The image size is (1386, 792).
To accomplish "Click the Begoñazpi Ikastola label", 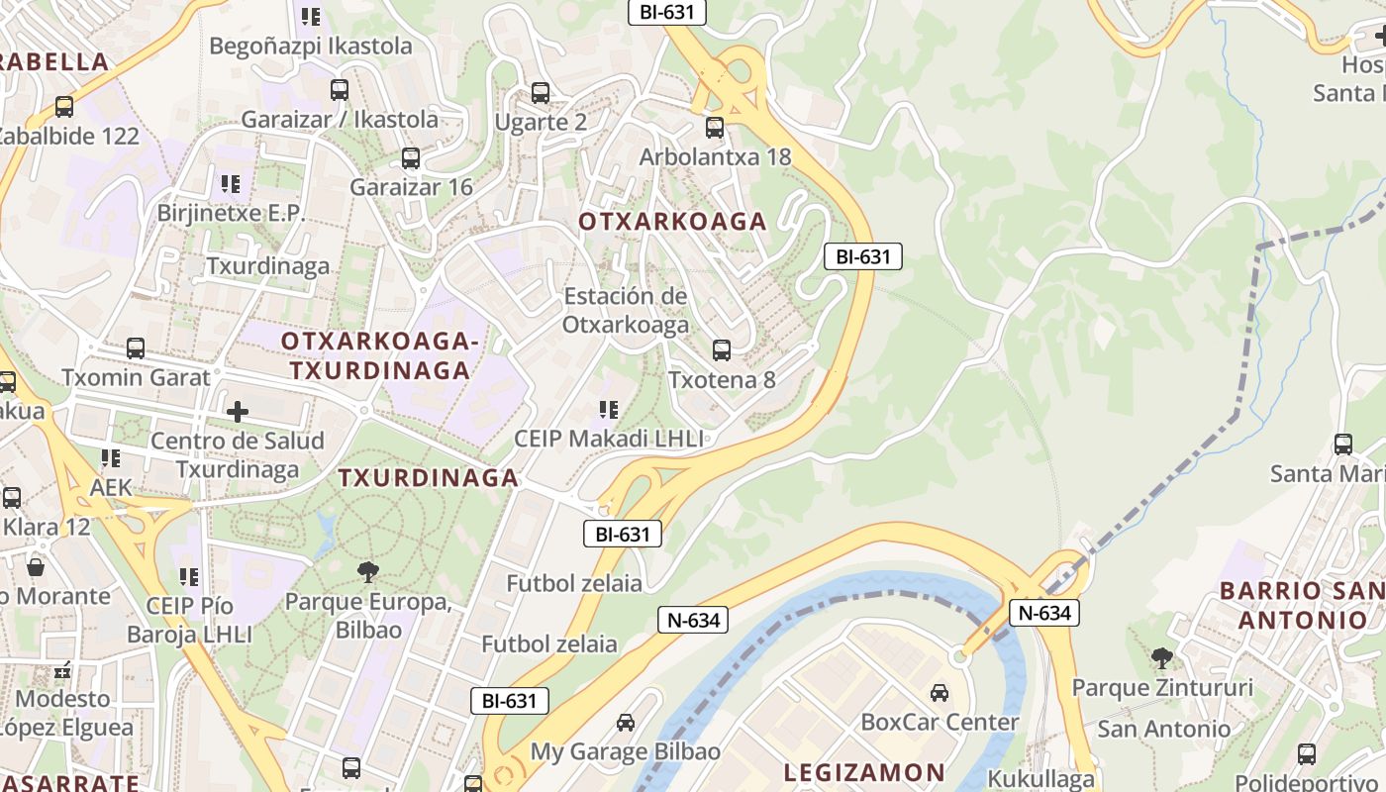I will coord(311,47).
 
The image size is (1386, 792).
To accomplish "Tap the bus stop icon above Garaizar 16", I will coord(410,158).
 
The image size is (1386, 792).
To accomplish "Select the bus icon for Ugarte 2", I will coord(540,93).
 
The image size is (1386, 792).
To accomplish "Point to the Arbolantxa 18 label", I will coord(715,157).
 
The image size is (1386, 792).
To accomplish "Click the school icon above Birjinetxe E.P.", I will coord(231,184).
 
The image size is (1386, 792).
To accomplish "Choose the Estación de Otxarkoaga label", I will coord(625,310).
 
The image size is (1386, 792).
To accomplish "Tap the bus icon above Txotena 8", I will coord(721,350).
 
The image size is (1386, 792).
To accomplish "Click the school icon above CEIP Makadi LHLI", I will coord(609,410).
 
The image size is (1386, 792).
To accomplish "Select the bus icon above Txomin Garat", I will coord(136,348).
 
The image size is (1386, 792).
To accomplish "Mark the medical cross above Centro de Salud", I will coord(238,412).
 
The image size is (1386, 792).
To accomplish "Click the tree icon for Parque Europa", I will coord(368,571).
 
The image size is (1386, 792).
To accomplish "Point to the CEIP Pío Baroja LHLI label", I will coord(189,620).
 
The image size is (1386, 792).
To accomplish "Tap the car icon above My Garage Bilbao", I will coord(626,723).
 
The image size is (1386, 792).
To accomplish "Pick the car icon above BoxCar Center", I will coord(939,693).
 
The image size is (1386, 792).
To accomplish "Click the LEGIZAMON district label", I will coord(864,772).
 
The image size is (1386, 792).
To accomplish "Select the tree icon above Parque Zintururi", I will coord(1161,657).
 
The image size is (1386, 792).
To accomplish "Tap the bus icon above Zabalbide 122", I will coord(64,106).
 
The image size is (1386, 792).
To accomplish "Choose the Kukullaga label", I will coord(1041,778).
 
